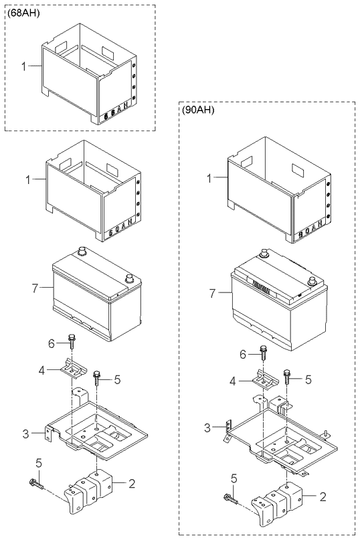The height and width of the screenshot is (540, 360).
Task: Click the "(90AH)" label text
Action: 197,110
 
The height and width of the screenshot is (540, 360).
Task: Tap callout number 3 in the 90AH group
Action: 207,427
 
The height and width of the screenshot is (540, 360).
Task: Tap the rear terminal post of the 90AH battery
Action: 264,254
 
